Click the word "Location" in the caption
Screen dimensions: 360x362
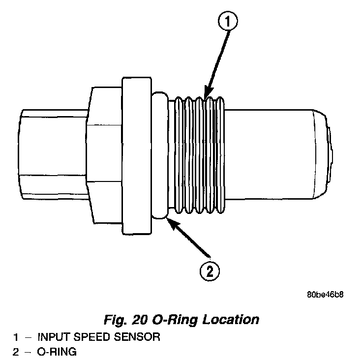coord(232,320)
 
